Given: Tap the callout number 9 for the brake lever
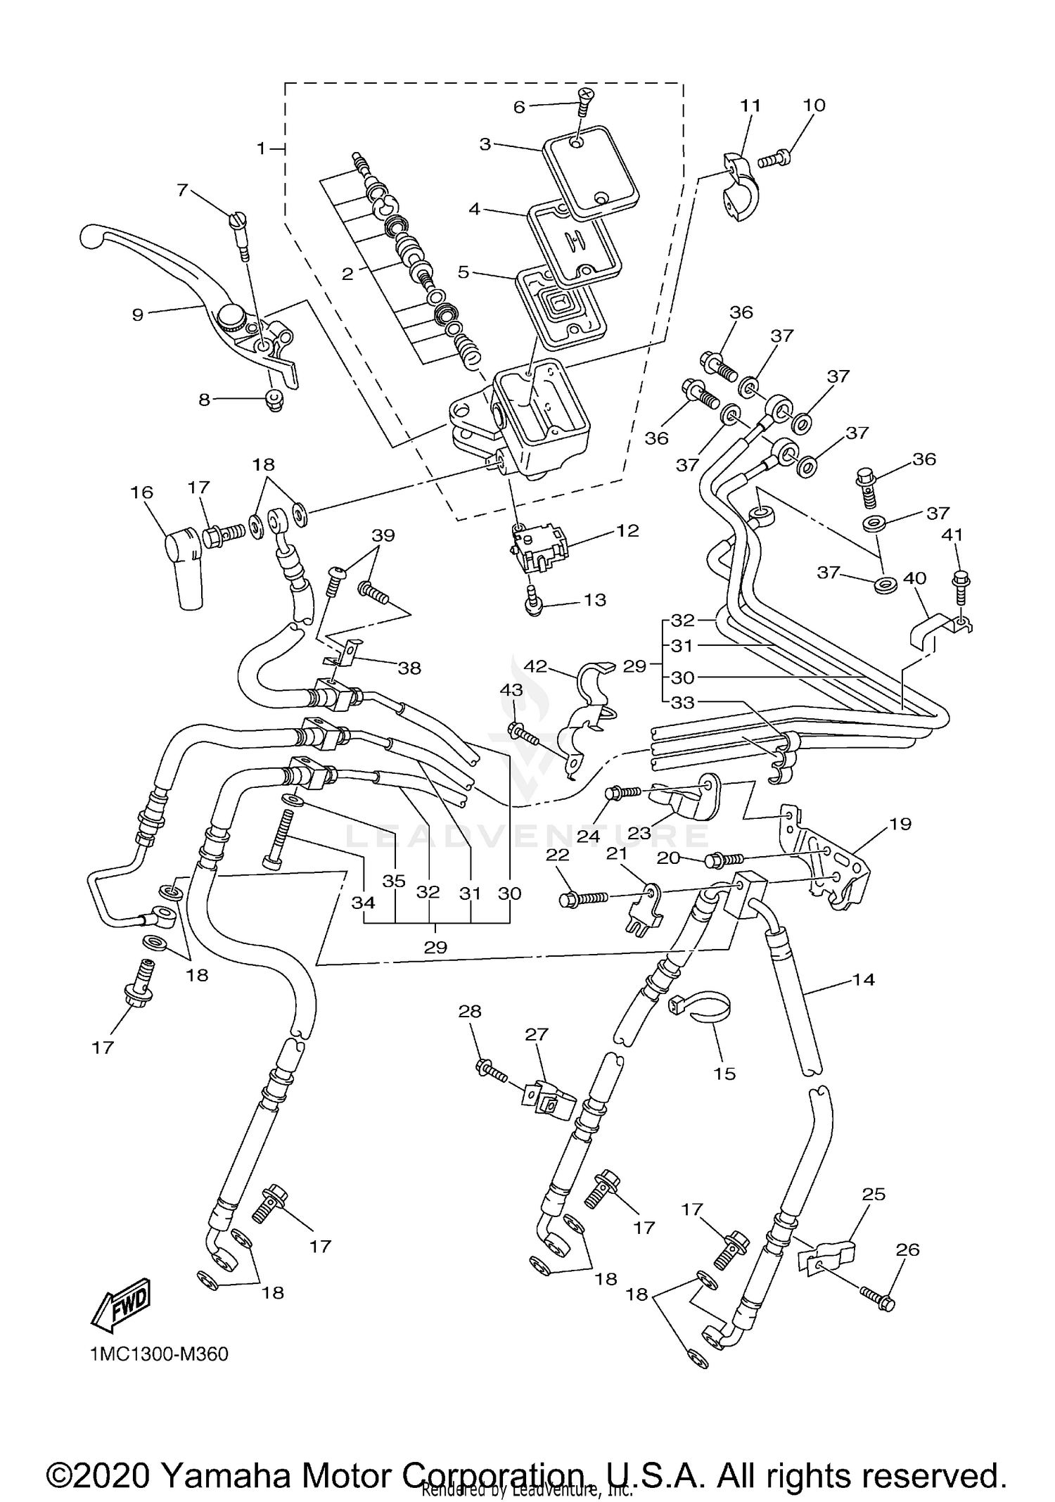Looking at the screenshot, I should (x=138, y=314).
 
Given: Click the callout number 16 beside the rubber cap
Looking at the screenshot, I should (x=142, y=492).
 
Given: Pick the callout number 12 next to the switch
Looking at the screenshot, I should (x=627, y=530).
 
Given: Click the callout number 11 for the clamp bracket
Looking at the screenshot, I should (x=750, y=106).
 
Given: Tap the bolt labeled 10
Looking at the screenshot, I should (x=774, y=160).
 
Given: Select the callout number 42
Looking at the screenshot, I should (x=536, y=666).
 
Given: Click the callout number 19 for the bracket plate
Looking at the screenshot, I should (x=900, y=823).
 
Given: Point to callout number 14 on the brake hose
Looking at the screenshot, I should (x=863, y=979).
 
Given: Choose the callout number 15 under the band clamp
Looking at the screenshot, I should (x=724, y=1074).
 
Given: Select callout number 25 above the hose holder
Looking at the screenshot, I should (x=874, y=1194).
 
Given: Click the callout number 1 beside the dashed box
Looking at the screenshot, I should (x=262, y=148).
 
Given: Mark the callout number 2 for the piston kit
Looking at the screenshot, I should (x=347, y=274).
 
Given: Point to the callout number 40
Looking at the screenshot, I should (x=914, y=578).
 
